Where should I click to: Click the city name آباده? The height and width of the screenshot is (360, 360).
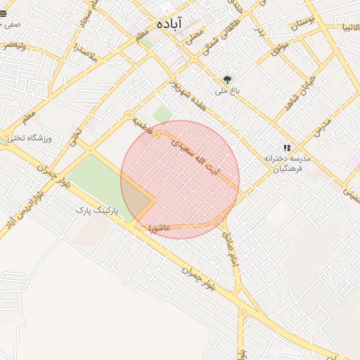click(169, 24)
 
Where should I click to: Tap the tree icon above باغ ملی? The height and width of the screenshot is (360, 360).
click(227, 80)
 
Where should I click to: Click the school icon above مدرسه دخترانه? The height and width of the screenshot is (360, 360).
click(286, 148)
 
